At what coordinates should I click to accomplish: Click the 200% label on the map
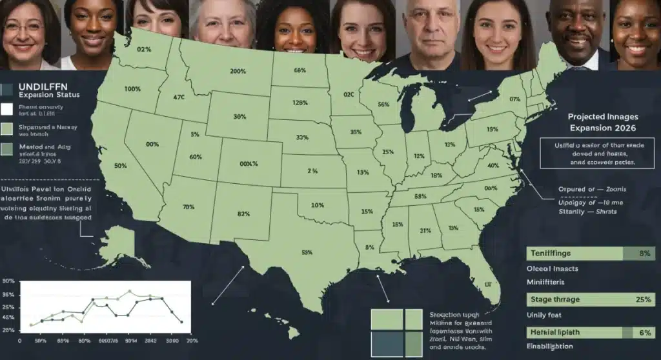pos(238,71)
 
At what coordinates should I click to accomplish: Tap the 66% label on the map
pos(299,70)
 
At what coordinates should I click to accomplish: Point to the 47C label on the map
pos(179,97)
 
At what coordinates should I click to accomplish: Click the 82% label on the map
pos(243,214)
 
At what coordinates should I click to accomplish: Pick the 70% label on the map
pos(188,207)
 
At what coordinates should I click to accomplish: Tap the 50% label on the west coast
pos(120,166)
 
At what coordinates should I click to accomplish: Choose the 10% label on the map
pos(317,205)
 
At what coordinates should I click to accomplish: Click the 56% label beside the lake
pos(383,105)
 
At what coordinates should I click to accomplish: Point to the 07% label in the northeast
pos(514,99)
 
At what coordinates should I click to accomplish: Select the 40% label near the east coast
pos(494,165)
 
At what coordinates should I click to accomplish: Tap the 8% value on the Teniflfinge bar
pos(644,254)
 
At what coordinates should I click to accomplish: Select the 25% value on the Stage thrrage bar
pos(642,299)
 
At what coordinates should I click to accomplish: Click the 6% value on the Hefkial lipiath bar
pos(644,332)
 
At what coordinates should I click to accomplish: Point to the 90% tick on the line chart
pos(9,281)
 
